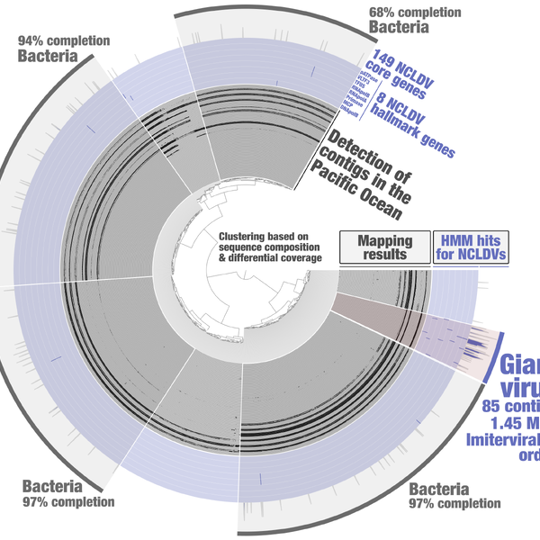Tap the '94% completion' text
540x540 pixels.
click(x=63, y=41)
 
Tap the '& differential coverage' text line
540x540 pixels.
click(x=270, y=258)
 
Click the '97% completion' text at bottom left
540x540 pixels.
click(x=70, y=501)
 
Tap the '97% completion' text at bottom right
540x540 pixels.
click(x=454, y=504)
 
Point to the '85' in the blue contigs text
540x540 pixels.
click(x=492, y=406)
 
